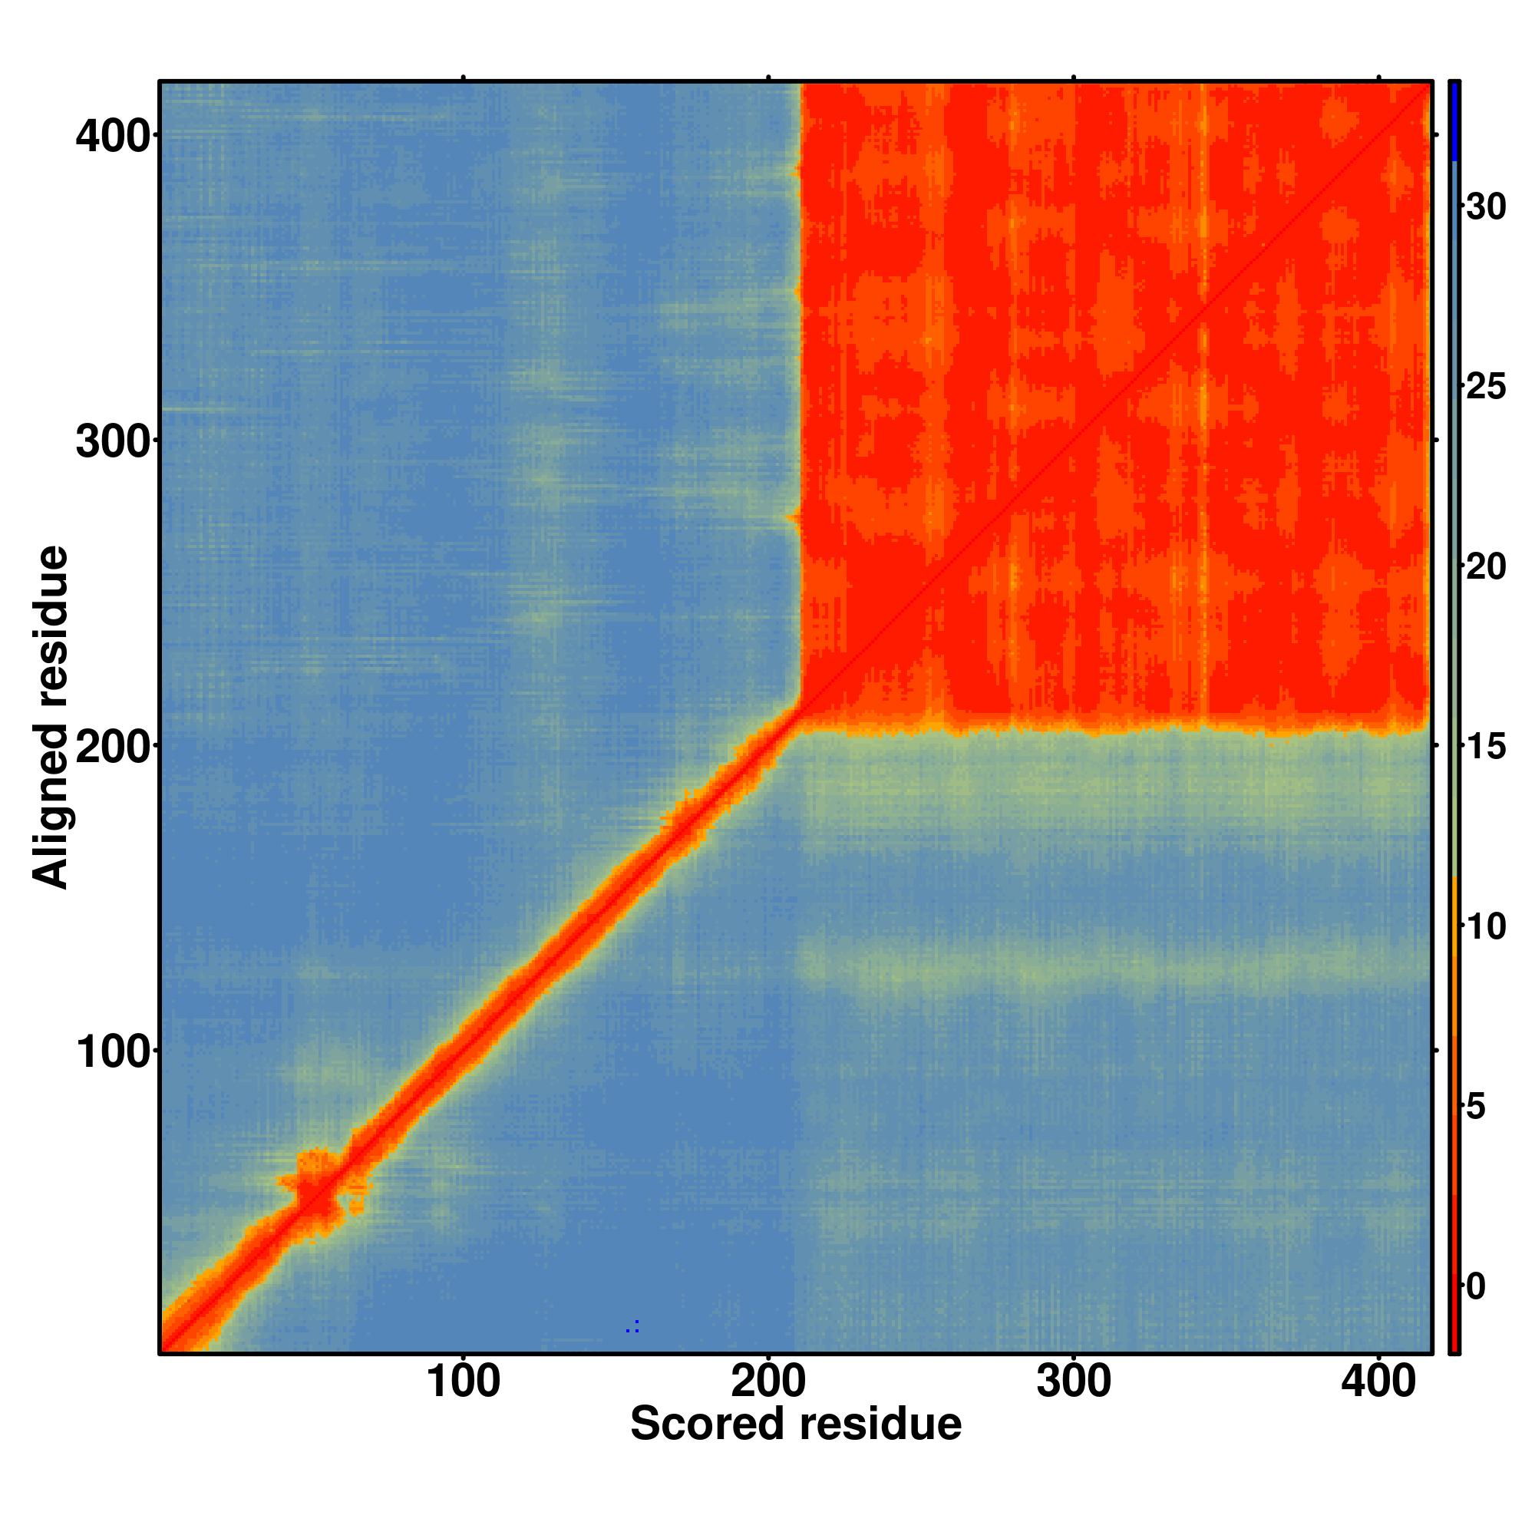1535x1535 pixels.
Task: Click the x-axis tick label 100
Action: pos(464,1383)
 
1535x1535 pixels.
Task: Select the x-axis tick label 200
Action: pos(768,1383)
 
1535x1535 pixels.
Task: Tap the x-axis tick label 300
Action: pos(1074,1383)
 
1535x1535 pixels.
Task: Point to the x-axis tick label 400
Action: pos(1378,1383)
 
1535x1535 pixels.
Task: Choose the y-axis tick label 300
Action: pos(113,443)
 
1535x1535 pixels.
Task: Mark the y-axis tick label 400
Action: pos(113,137)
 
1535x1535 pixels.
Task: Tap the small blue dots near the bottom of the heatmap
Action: pos(632,1326)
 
